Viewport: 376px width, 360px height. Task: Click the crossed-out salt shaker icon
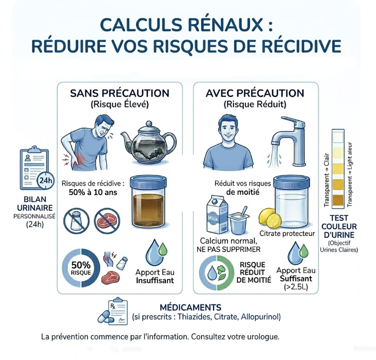click(76, 219)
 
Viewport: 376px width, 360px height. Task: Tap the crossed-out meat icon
click(107, 219)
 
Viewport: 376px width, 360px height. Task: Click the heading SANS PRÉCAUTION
click(119, 93)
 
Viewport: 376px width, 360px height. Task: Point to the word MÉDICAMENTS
click(190, 307)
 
